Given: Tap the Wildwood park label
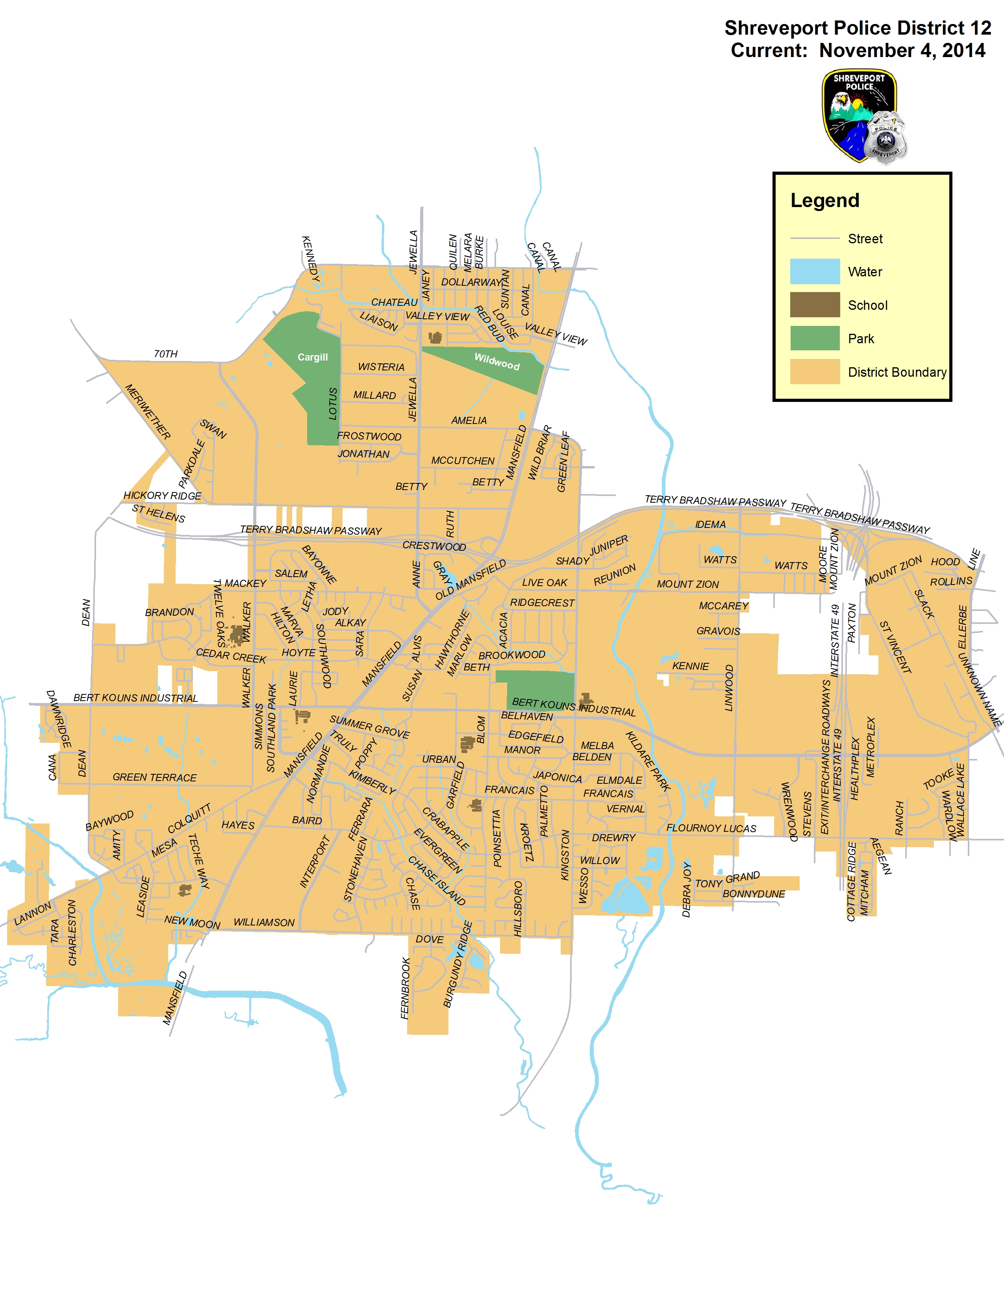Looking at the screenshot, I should (x=496, y=361).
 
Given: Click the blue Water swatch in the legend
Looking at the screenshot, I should (x=814, y=271).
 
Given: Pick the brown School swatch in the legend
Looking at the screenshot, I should (x=814, y=305).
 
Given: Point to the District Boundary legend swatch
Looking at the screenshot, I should (x=814, y=372).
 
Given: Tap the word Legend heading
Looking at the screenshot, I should (x=824, y=200).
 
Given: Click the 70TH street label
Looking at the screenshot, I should (x=165, y=354).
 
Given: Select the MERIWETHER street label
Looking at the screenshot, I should (x=148, y=412).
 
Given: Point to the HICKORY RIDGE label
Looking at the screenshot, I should (x=162, y=496).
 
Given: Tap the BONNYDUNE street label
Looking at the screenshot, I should (x=754, y=894).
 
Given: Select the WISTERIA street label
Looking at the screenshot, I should (x=381, y=367).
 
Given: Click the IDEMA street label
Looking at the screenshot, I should (x=710, y=525).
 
